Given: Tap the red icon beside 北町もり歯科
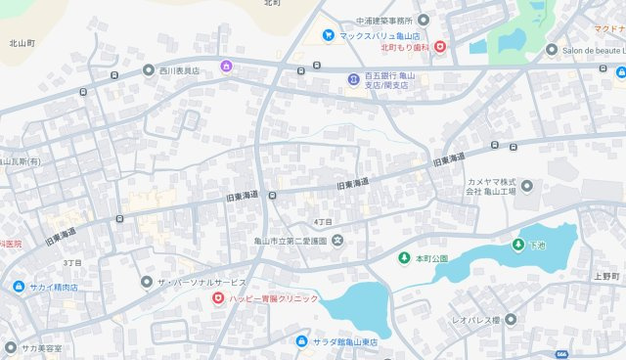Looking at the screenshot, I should (x=440, y=46).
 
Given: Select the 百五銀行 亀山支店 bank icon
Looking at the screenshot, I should (x=353, y=79).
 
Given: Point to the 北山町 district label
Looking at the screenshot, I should (x=22, y=44).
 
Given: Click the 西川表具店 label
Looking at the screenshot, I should (x=179, y=70).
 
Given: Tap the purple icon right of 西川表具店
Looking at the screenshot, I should (x=227, y=67).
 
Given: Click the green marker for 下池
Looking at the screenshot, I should (x=517, y=244).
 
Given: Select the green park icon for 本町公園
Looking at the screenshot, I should (x=404, y=258).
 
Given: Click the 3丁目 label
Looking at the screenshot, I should (x=72, y=262).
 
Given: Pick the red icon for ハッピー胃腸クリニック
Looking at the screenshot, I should (x=218, y=297).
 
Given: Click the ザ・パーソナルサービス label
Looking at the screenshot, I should (x=201, y=281).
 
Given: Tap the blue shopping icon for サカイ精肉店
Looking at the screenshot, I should (x=19, y=287).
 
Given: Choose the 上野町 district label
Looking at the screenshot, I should (x=605, y=277).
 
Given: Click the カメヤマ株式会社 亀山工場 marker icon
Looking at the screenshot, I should (x=527, y=186).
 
